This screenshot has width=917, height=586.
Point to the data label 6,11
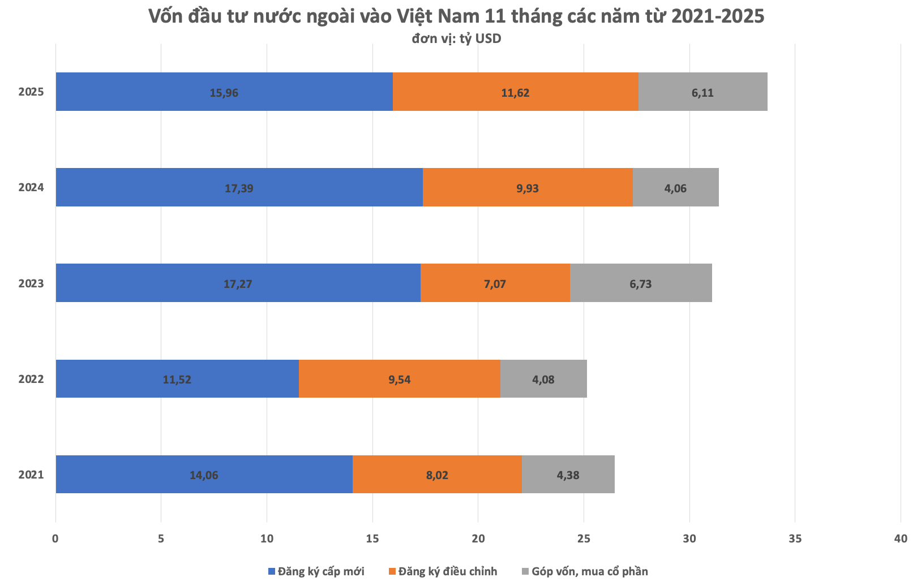702,93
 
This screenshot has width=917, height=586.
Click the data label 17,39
239,188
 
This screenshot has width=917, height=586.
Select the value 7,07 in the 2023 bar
495,284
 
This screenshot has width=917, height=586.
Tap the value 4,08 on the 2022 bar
543,380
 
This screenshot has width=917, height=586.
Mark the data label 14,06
204,475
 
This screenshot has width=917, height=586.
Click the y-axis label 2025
31,92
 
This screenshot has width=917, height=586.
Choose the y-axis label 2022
31,379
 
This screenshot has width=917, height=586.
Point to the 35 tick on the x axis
795,538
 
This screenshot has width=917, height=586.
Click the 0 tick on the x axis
55,538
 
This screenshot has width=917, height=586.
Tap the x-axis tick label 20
478,538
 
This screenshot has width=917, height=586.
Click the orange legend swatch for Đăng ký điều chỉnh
392,571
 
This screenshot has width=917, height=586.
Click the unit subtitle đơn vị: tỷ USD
456,38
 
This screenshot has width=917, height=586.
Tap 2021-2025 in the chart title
718,16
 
